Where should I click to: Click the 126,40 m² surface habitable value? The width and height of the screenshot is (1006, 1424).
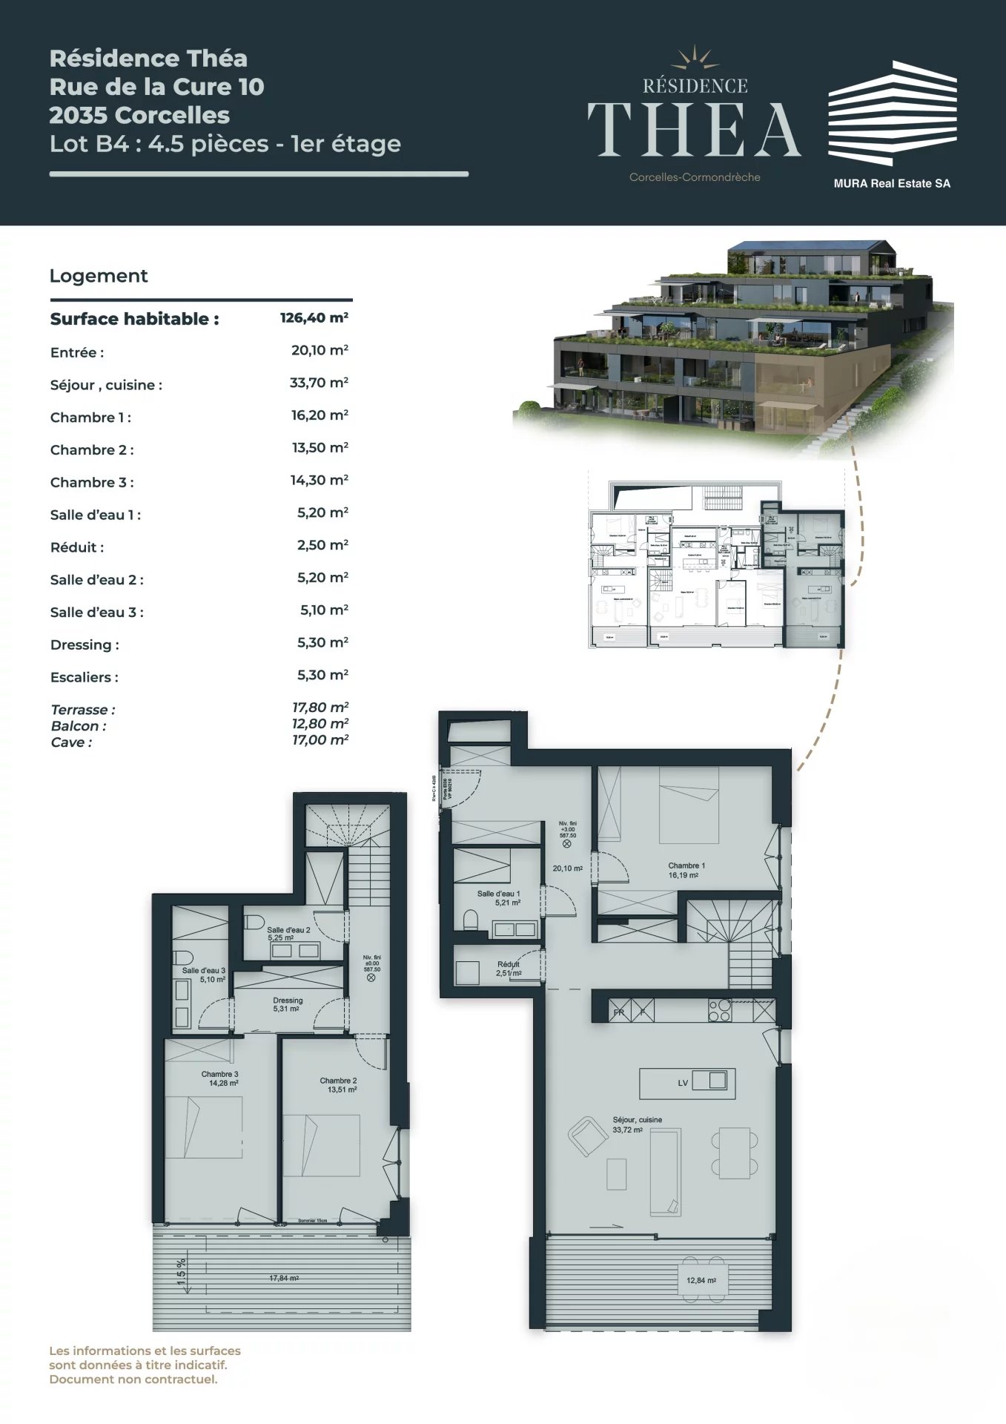(314, 318)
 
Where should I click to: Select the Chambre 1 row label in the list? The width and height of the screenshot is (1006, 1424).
(90, 418)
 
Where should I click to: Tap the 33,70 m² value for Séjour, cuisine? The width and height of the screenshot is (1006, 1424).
(319, 383)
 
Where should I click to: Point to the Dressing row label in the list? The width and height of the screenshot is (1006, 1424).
(85, 645)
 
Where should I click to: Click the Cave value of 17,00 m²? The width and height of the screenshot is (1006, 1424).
(320, 740)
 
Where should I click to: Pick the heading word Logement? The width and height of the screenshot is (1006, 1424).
(99, 276)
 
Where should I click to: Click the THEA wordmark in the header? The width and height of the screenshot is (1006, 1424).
(694, 130)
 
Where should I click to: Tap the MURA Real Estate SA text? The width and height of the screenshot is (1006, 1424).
(891, 183)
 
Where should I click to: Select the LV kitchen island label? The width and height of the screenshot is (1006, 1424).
(683, 1083)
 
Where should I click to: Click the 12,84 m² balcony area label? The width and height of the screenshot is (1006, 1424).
(701, 1280)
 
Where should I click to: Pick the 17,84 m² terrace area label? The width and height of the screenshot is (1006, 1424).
(284, 1278)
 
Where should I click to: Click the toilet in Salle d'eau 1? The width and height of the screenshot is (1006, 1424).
(470, 920)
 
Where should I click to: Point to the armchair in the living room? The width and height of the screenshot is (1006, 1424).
(587, 1135)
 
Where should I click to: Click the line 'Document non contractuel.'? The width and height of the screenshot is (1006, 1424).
(133, 1379)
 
